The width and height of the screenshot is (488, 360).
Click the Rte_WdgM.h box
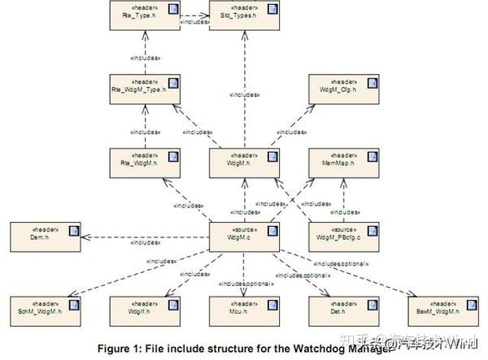[145, 160]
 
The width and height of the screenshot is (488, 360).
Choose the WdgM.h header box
[244, 160]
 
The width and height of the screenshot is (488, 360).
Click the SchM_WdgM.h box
[44, 308]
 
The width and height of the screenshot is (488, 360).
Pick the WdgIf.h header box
[145, 308]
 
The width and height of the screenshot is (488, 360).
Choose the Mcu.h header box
[244, 308]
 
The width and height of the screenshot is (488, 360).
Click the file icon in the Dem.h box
[72, 230]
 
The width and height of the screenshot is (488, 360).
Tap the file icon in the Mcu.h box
[272, 304]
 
